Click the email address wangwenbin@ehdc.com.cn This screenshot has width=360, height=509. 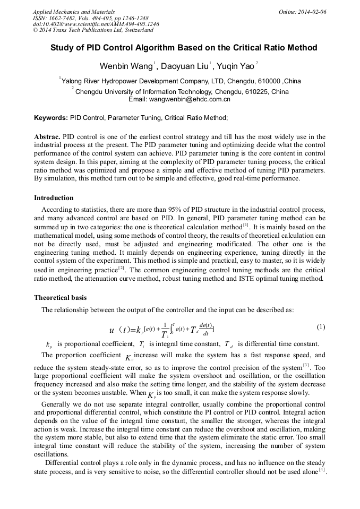pyautogui.click(x=191, y=99)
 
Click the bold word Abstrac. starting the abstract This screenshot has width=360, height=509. pyautogui.click(x=47, y=137)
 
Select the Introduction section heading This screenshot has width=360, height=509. pyautogui.click(x=54, y=198)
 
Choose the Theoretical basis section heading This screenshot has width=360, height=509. pyautogui.click(x=60, y=298)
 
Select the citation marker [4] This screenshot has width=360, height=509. pyautogui.click(x=322, y=470)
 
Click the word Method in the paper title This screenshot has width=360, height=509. pyautogui.click(x=301, y=48)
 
